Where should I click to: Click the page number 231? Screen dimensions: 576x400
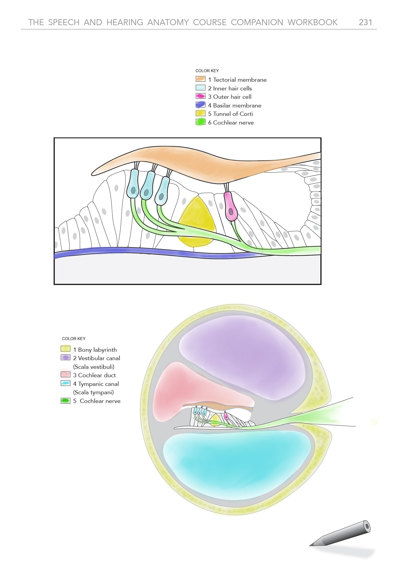365,22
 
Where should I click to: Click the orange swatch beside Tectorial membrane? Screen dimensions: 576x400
200,79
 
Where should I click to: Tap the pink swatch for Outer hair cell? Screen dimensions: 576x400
200,96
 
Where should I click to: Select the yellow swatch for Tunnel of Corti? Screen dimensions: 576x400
200,113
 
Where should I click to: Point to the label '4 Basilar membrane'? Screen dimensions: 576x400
235,105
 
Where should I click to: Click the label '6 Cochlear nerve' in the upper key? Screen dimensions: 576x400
231,122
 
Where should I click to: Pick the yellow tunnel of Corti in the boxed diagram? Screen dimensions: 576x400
196,222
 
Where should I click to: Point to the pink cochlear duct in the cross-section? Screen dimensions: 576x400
180,386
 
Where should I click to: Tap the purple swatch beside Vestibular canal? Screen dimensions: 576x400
65,358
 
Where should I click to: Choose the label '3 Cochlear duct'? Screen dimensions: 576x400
94,375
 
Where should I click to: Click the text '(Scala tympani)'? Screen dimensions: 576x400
93,392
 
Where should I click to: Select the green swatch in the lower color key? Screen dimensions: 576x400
65,401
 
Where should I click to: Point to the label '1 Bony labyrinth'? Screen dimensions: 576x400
95,350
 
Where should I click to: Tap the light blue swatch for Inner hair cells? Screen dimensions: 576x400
200,88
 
